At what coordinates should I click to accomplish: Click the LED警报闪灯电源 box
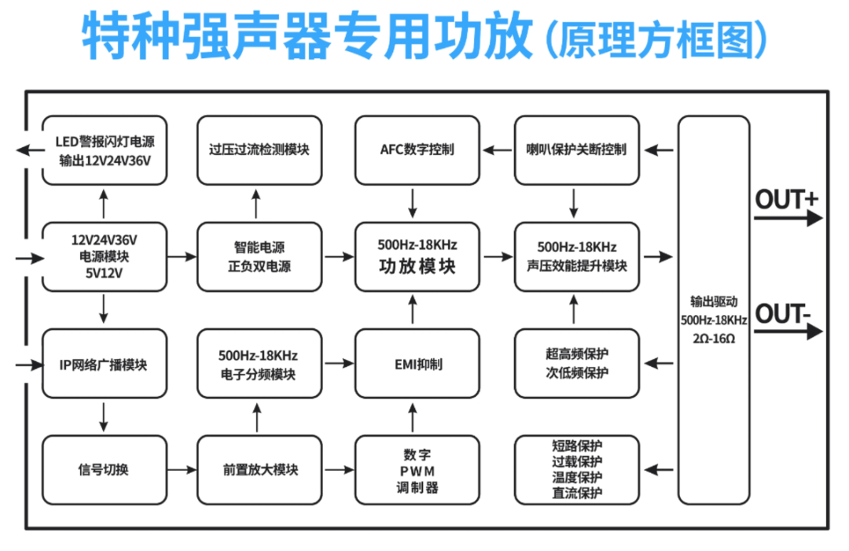tap(105, 150)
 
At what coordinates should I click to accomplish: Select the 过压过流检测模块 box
tap(259, 150)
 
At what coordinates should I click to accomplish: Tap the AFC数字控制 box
tap(417, 150)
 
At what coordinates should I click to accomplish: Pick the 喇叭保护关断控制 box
tap(575, 150)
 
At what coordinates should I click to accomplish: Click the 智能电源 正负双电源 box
tap(259, 257)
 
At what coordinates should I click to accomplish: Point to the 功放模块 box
tap(417, 257)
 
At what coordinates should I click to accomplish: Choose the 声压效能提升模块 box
tap(575, 257)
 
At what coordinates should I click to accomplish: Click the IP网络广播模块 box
tap(105, 364)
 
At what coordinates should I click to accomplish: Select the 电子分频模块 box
tap(259, 364)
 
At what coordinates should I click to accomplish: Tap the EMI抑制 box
tap(417, 364)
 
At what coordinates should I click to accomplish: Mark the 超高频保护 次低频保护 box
tap(575, 364)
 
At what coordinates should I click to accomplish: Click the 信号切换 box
tap(105, 470)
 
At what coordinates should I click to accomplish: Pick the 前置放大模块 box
tap(259, 470)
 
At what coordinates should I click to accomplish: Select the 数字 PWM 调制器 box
tap(417, 470)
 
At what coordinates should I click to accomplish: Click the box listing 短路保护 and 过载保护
tap(575, 470)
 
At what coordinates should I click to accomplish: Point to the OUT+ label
tap(786, 200)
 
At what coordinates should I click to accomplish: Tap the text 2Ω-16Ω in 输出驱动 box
tap(714, 338)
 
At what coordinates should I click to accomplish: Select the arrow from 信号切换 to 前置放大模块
tap(182, 470)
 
